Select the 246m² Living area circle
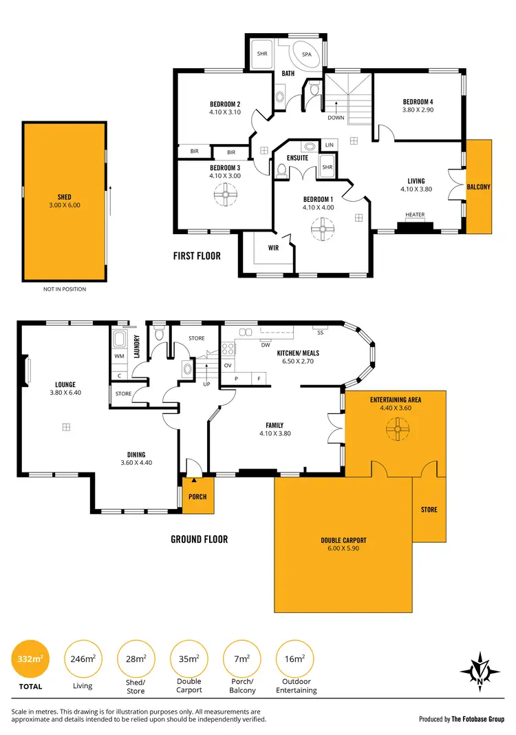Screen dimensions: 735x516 coord(82,659)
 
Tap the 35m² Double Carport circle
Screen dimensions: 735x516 coord(189,659)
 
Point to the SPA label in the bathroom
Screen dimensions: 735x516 coord(307,54)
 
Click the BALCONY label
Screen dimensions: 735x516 coord(478,186)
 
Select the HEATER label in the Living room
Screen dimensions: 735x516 coord(415,215)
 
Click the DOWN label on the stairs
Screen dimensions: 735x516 coord(336,117)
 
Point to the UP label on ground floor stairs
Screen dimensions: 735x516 coord(206,384)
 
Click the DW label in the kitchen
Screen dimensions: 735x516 coord(265,345)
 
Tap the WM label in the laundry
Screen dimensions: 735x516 coord(119,356)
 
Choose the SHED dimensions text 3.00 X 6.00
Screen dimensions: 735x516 coord(64,205)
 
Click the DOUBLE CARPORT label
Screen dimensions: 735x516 coord(343,540)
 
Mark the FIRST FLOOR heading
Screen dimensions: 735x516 coord(197,256)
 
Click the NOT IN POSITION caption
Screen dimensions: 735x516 coord(64,289)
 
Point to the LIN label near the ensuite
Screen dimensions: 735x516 coord(329,145)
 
